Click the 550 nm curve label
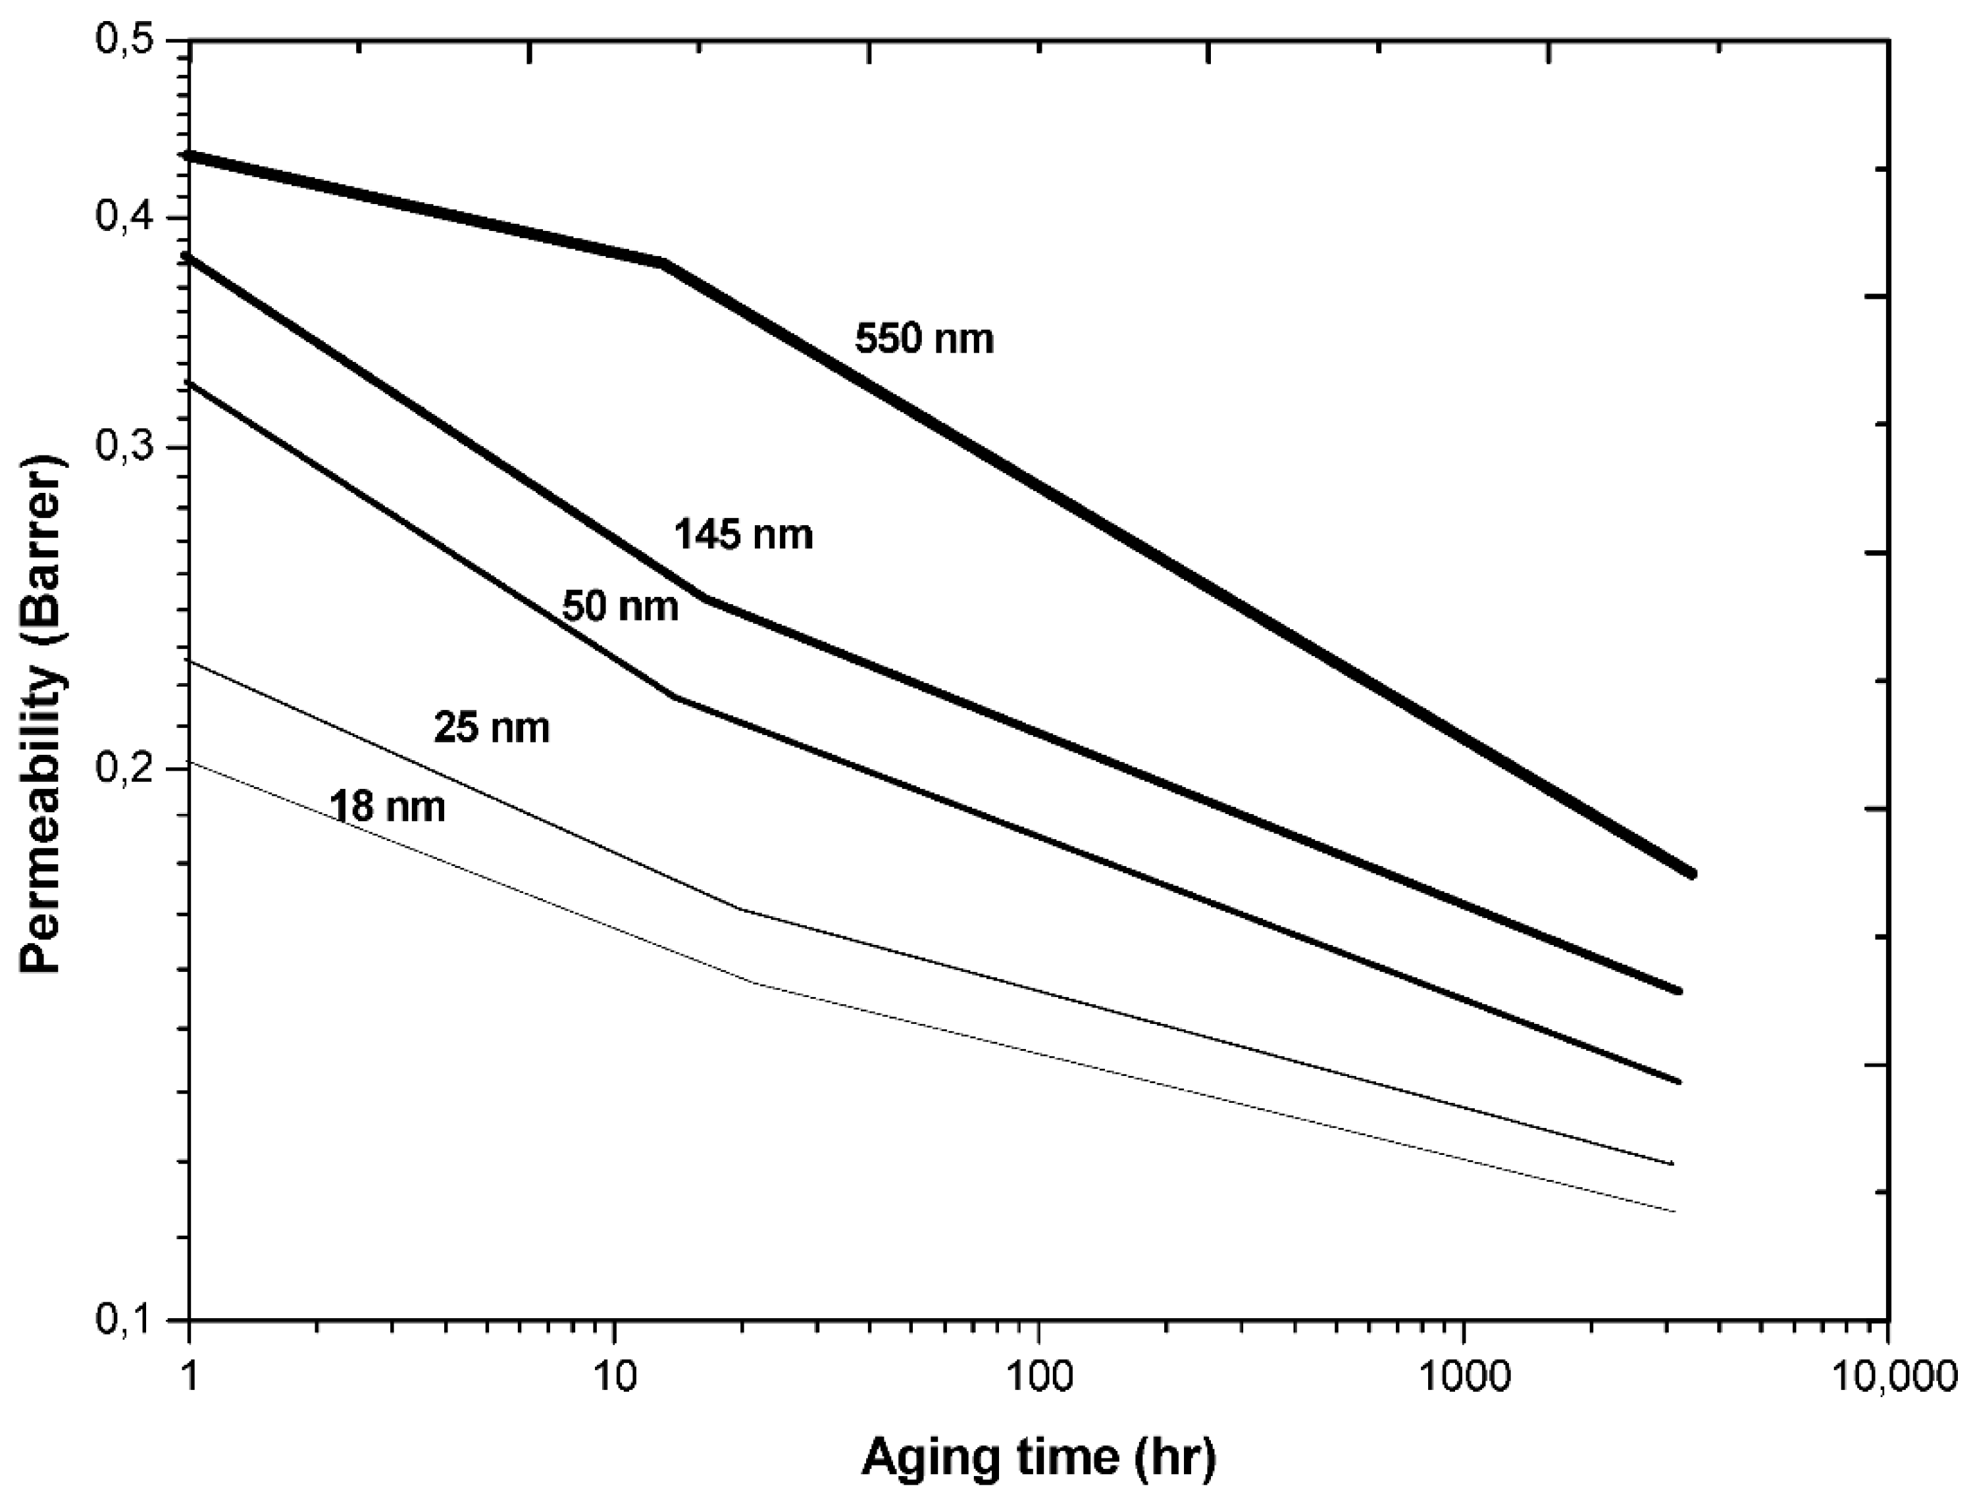[924, 340]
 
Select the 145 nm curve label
[743, 535]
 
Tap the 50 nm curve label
[620, 607]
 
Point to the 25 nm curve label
[491, 727]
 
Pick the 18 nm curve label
[387, 806]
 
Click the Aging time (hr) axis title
[1038, 1458]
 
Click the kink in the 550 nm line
[663, 263]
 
